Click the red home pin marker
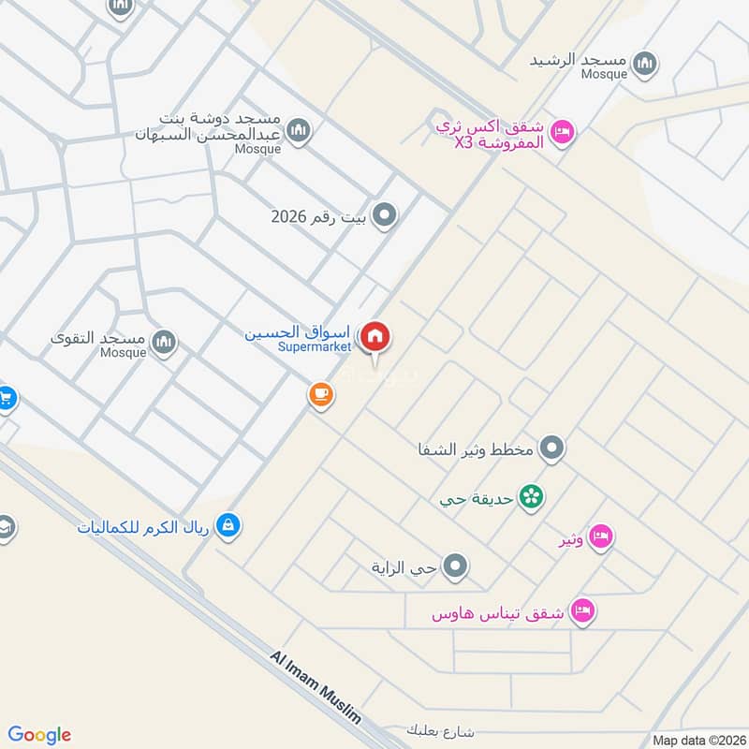375,336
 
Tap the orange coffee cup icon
321,395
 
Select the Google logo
39,735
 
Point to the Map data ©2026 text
698,740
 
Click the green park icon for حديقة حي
531,496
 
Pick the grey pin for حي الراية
456,565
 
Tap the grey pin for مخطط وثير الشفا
552,448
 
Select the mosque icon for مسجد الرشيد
643,64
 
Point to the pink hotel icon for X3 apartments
562,131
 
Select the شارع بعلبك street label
443,729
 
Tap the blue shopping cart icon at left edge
6,398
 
